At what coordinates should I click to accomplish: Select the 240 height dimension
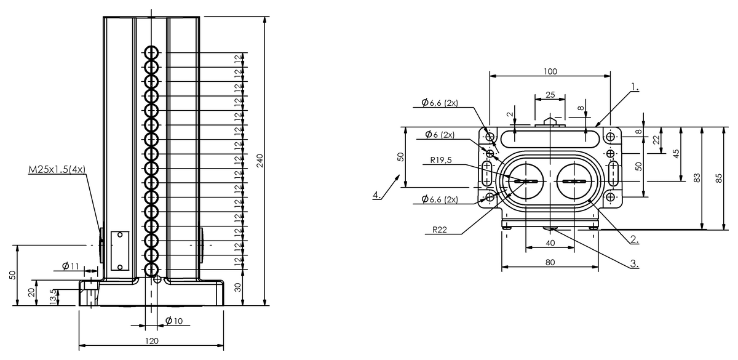[260, 161]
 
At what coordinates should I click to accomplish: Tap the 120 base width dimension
[151, 341]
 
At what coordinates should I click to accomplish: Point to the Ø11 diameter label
[71, 266]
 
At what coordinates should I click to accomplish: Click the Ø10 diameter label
[174, 321]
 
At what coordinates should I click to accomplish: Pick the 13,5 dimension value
[53, 295]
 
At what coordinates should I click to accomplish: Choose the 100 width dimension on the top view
[550, 71]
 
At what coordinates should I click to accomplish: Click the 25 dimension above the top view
[550, 94]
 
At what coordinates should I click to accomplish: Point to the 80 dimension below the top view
[550, 262]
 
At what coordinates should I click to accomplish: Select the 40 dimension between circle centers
[550, 243]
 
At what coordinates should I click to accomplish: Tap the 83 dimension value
[697, 178]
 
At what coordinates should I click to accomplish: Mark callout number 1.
[635, 88]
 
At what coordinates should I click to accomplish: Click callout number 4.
[376, 196]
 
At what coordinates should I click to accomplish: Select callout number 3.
[633, 264]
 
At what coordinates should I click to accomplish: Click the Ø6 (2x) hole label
[439, 134]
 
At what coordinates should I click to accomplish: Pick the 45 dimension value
[676, 154]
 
